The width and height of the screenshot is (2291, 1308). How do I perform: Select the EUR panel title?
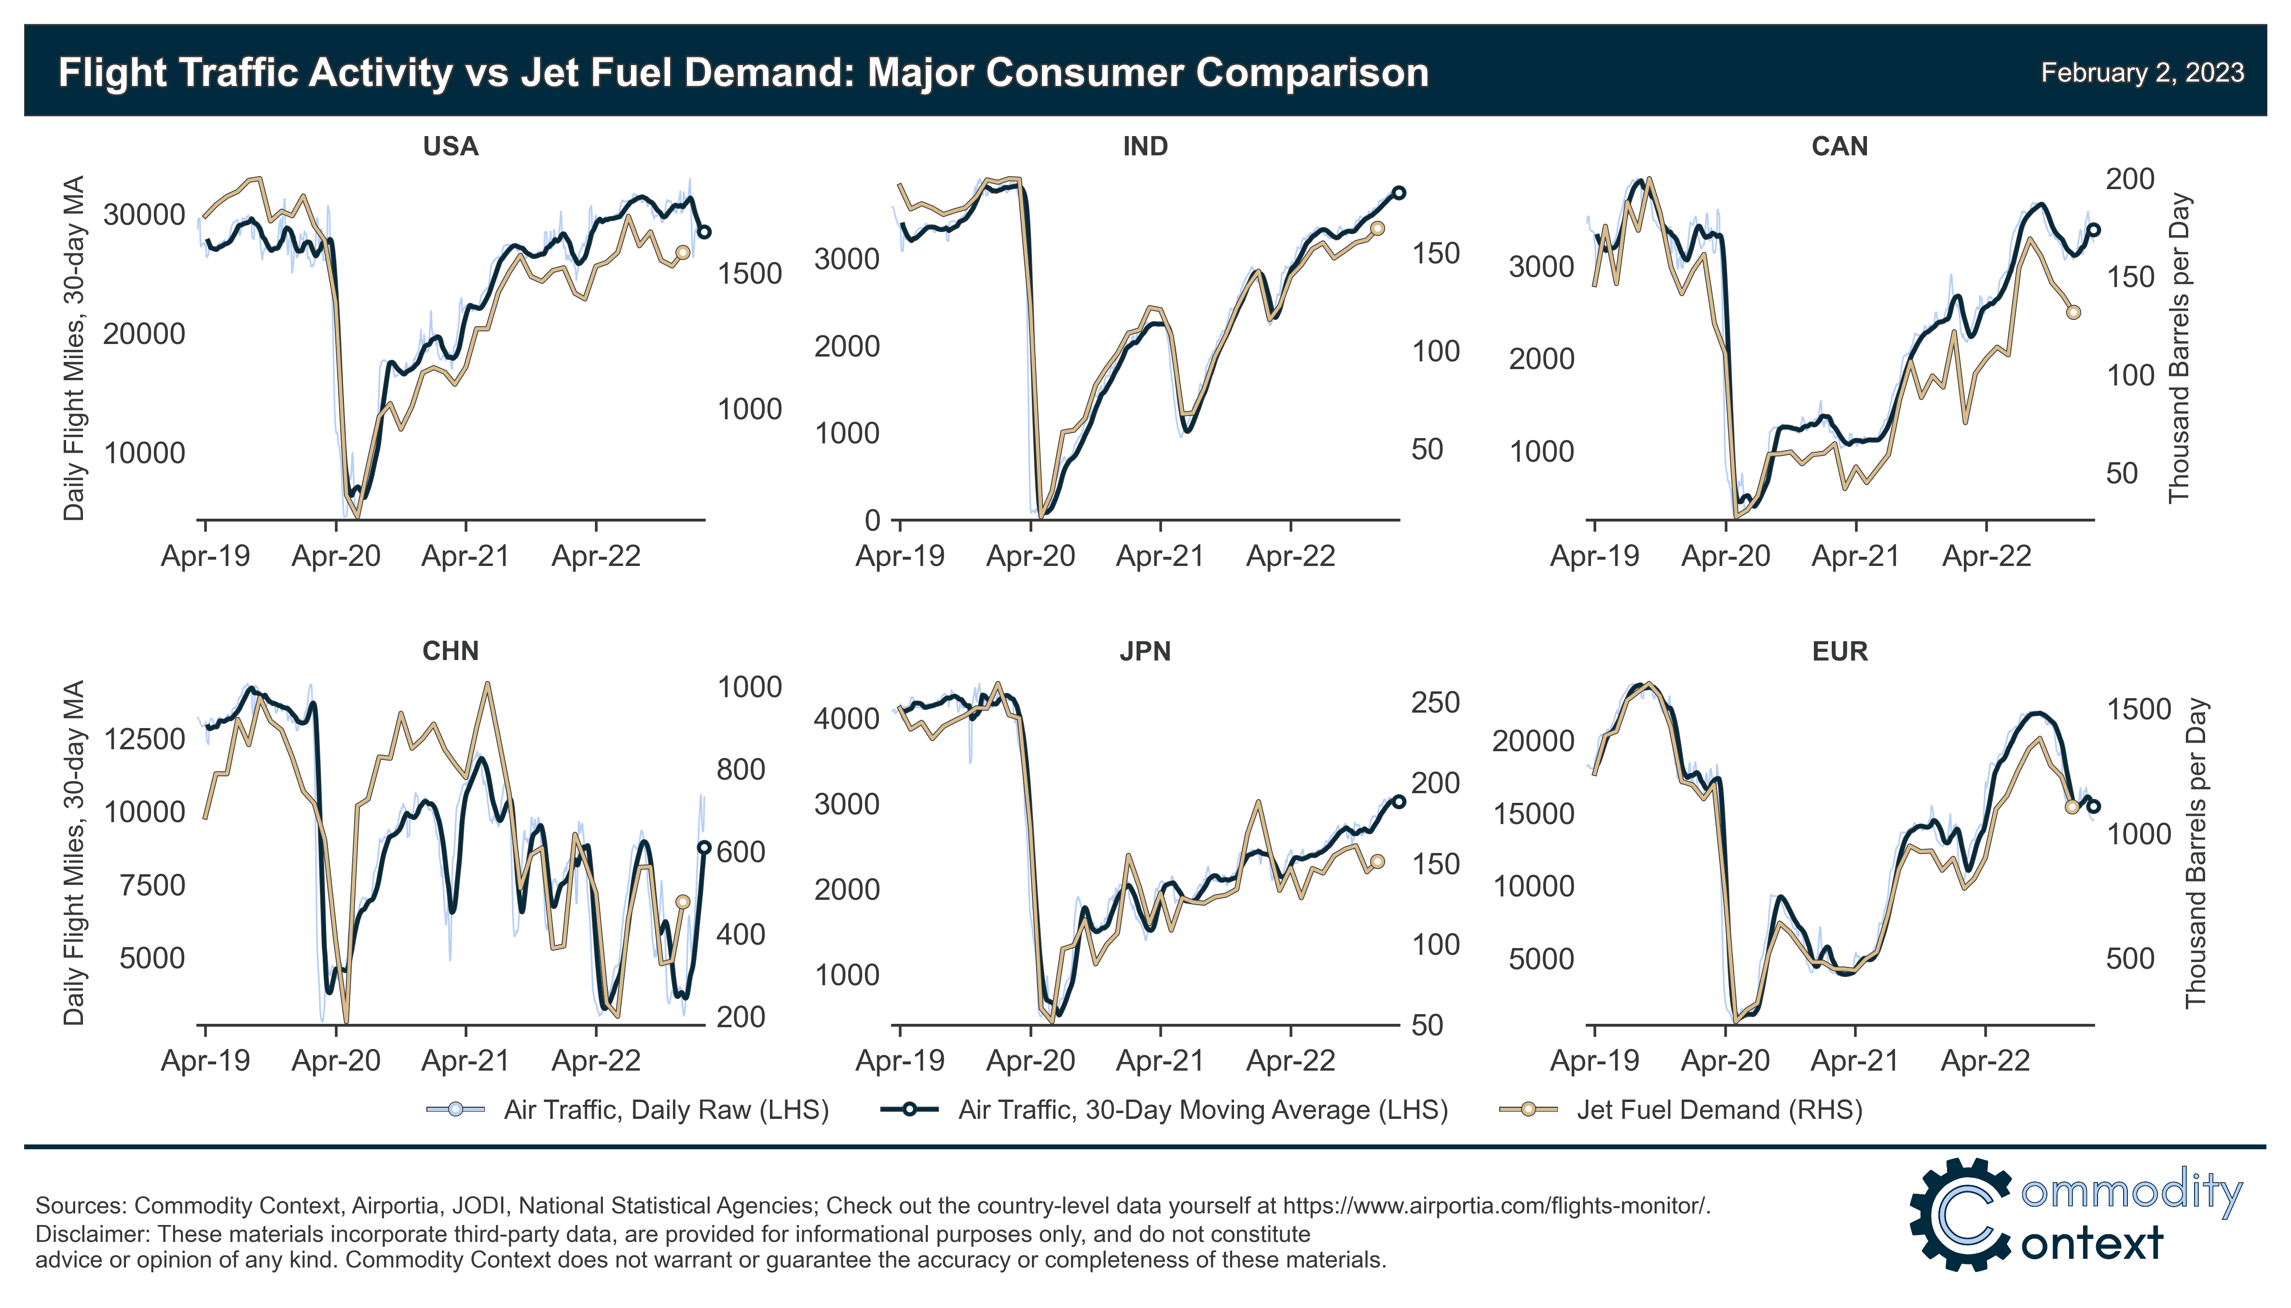(x=1839, y=651)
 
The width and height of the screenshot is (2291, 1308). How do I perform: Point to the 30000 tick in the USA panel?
(x=144, y=215)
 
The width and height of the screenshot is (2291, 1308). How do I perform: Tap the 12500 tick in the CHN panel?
(x=144, y=739)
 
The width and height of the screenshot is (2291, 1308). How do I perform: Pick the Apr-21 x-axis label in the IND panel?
(x=1159, y=556)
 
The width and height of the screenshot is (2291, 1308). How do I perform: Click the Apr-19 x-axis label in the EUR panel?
(x=1594, y=1061)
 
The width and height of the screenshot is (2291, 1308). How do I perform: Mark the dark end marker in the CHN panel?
(x=704, y=847)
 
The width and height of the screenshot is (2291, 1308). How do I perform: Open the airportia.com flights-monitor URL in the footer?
(x=1495, y=1206)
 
